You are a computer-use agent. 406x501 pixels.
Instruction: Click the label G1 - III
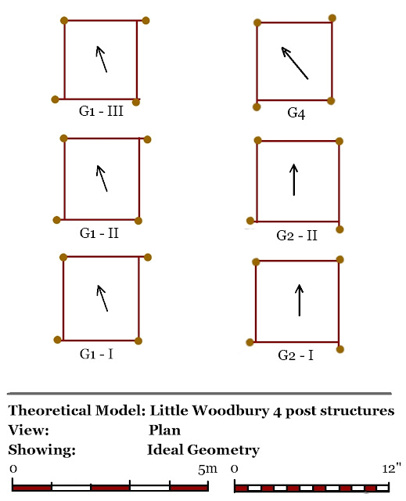[100, 111]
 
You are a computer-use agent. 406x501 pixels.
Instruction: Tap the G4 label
[296, 114]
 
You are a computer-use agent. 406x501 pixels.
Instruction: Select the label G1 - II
[100, 232]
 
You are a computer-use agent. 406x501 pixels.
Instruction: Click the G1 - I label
[97, 354]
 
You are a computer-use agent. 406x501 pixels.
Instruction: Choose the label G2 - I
[296, 355]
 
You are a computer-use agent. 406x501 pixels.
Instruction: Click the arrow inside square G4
[295, 63]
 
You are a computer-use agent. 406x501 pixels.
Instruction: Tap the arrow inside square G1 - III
[102, 59]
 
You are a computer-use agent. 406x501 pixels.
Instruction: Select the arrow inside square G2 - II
[293, 179]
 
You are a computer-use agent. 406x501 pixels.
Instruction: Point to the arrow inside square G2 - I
[299, 301]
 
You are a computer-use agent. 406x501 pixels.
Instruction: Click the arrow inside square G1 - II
[102, 178]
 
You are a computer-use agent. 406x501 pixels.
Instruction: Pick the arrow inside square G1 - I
[102, 298]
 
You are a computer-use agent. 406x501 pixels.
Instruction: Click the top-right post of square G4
[332, 18]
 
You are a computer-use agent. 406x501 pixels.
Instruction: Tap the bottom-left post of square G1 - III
[55, 99]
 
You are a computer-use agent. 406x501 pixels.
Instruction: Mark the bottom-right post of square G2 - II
[340, 229]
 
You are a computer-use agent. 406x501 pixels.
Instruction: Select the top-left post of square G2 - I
[254, 262]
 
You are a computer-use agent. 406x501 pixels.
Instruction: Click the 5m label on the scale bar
[207, 469]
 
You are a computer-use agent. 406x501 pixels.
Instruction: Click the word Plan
[164, 431]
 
